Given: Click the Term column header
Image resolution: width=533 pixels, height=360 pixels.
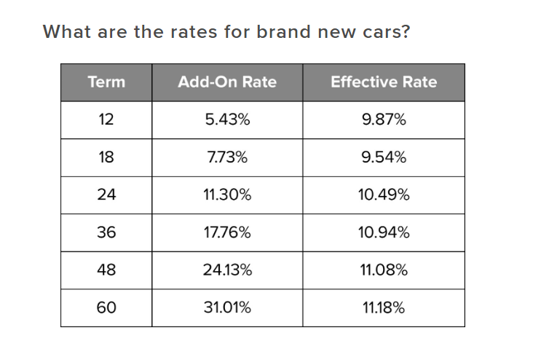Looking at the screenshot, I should click(x=106, y=82).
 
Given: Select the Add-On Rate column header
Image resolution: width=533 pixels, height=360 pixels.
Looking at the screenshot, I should click(x=227, y=82).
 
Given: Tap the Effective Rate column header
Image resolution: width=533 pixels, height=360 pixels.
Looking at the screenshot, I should click(x=384, y=82).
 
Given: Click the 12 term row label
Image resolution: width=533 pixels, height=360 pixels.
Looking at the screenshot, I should click(x=106, y=120).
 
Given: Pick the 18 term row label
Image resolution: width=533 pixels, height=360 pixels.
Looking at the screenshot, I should click(x=106, y=157).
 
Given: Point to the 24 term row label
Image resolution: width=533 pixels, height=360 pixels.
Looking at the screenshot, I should click(x=106, y=195).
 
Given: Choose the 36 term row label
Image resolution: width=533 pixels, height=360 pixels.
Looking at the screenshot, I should click(x=106, y=233).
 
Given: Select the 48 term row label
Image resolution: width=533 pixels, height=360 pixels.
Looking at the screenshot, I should click(x=106, y=270).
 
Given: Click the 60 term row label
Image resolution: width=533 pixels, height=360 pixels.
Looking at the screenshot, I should click(x=106, y=308).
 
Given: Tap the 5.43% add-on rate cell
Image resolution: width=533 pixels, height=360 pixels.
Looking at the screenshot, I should click(x=227, y=120).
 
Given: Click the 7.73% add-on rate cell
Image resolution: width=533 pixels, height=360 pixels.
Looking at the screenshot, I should click(x=227, y=157).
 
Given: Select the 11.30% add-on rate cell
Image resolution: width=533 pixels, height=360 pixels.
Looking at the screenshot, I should click(x=227, y=195).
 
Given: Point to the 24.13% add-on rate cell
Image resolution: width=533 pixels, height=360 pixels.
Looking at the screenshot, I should click(x=227, y=270).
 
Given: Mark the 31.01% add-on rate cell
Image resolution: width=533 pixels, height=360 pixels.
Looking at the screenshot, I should click(x=227, y=308).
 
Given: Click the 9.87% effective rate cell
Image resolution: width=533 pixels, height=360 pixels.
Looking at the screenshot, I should click(x=384, y=120).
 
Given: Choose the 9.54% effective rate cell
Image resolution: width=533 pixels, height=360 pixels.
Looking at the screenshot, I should click(x=384, y=157).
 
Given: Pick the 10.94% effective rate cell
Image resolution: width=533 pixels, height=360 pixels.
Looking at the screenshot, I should click(x=384, y=233).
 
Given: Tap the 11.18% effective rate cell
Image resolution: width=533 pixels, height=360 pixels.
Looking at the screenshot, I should click(x=384, y=308).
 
